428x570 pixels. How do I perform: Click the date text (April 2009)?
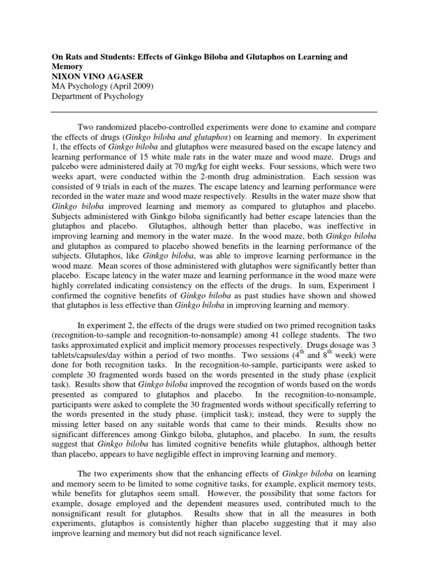pyautogui.click(x=127, y=86)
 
